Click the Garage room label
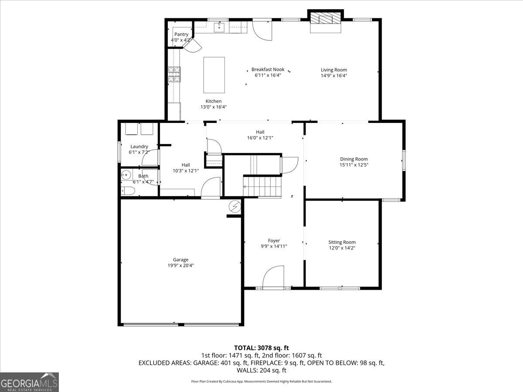click(x=180, y=260)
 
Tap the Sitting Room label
click(x=342, y=242)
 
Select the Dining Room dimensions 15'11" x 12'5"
click(x=353, y=165)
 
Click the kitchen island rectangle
click(x=214, y=74)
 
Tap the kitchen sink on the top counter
click(x=219, y=28)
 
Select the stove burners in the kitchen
click(x=174, y=74)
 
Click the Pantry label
click(x=181, y=34)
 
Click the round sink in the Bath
click(x=126, y=175)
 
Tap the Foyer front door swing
click(x=274, y=277)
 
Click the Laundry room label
click(x=139, y=146)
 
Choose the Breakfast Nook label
click(x=268, y=69)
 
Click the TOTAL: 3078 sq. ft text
click(x=261, y=348)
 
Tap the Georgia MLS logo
click(x=30, y=382)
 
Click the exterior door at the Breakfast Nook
click(x=262, y=30)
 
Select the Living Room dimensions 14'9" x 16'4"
click(x=334, y=75)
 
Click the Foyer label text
click(x=274, y=240)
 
